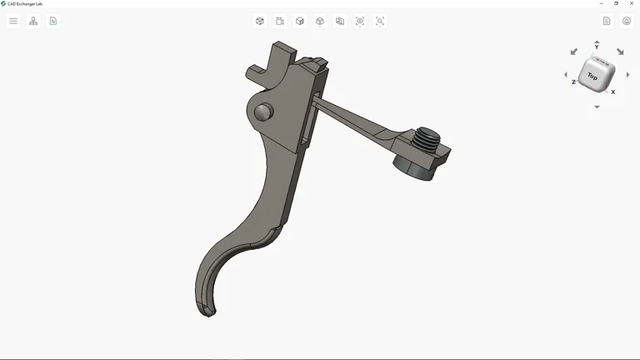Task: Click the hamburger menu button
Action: point(13,21)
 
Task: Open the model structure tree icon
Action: point(33,21)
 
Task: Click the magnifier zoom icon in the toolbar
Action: point(380,21)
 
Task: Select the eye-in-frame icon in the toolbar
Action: point(360,21)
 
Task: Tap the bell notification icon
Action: point(627,21)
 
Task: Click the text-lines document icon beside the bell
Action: point(607,21)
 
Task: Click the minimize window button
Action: point(602,3)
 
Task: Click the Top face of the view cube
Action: point(592,77)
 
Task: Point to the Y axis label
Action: point(597,47)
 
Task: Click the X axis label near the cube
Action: point(613,92)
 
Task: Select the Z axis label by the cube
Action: point(573,82)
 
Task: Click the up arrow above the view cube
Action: point(597,41)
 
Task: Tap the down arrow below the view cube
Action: point(597,107)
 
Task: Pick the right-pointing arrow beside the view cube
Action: point(627,75)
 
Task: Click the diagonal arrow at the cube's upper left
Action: point(573,52)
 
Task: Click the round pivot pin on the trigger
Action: point(263,112)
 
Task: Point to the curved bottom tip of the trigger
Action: point(207,311)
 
